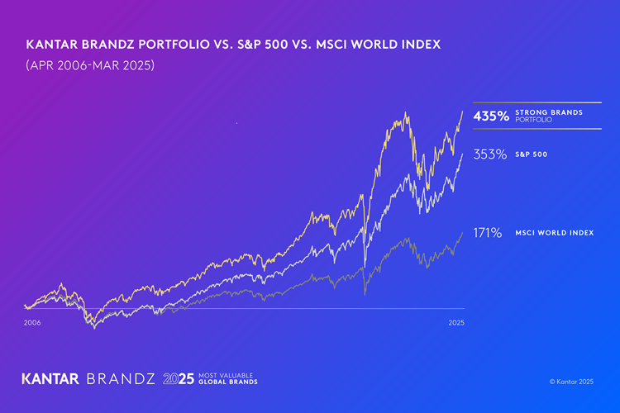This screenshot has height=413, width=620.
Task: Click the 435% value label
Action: [491, 116]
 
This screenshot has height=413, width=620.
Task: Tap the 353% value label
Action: [490, 154]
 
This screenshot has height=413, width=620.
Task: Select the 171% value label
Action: [488, 233]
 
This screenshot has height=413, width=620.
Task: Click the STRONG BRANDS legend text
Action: [549, 112]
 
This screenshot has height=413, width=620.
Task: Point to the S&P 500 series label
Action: [531, 154]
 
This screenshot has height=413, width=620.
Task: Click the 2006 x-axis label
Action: [32, 322]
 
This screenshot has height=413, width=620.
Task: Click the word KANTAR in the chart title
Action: [52, 45]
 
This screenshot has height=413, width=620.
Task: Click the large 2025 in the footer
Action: [179, 379]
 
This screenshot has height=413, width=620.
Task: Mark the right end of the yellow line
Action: [462, 111]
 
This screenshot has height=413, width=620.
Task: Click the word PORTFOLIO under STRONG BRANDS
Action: [531, 121]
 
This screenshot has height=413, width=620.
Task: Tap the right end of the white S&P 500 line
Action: [462, 154]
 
